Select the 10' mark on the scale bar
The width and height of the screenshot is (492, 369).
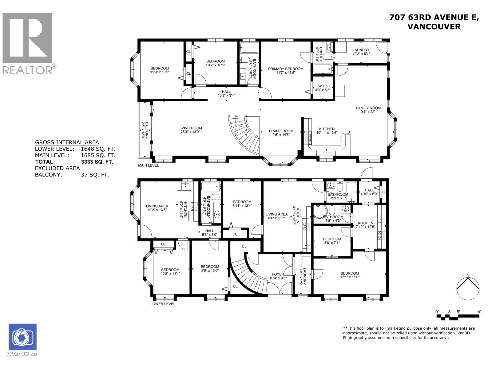[479, 312]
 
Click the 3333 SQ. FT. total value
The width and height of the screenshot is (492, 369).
[95, 161]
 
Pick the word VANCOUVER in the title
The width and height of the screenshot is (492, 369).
[434, 27]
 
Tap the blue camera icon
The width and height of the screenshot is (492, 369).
[22, 337]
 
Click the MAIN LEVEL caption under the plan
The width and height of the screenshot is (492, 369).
[149, 165]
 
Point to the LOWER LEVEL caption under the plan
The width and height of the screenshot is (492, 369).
[163, 304]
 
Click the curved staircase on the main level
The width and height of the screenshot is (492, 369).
[246, 134]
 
